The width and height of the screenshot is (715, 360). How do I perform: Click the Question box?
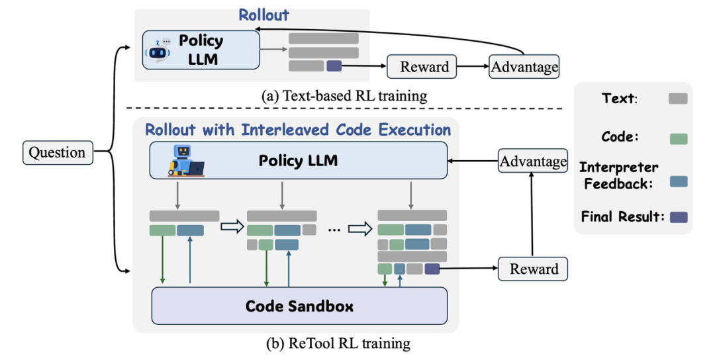click(58, 152)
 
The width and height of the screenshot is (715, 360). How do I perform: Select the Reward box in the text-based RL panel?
click(424, 66)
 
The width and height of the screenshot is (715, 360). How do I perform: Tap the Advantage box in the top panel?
click(524, 67)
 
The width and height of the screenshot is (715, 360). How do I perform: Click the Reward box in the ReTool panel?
click(534, 269)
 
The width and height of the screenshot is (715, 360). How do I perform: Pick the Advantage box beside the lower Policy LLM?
click(533, 161)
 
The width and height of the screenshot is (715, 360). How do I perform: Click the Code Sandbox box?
click(299, 306)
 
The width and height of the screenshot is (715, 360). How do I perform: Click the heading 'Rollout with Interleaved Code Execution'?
click(298, 129)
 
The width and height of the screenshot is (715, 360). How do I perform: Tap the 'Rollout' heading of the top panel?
click(264, 15)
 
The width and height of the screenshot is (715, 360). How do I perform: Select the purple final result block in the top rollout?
click(334, 66)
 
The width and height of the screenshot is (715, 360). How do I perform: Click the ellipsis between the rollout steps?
click(334, 229)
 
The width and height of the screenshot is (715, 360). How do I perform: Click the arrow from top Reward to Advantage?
click(473, 66)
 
